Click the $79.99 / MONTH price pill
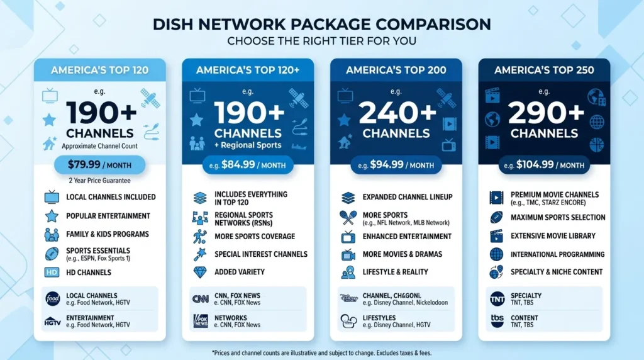pos(99,165)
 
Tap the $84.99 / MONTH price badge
pos(248,165)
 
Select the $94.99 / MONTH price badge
pos(396,165)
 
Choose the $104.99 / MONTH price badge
pos(544,165)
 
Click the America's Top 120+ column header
pos(248,70)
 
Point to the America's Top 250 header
pos(544,70)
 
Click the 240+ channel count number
pos(396,114)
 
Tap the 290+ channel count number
pos(544,114)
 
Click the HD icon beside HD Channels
pos(52,273)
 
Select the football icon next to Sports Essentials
pos(52,254)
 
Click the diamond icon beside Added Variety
pos(200,272)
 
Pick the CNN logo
pos(200,299)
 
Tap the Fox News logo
pos(200,321)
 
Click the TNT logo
pos(497,299)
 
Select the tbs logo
pos(497,321)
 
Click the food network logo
pos(52,299)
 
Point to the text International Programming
pos(557,254)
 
